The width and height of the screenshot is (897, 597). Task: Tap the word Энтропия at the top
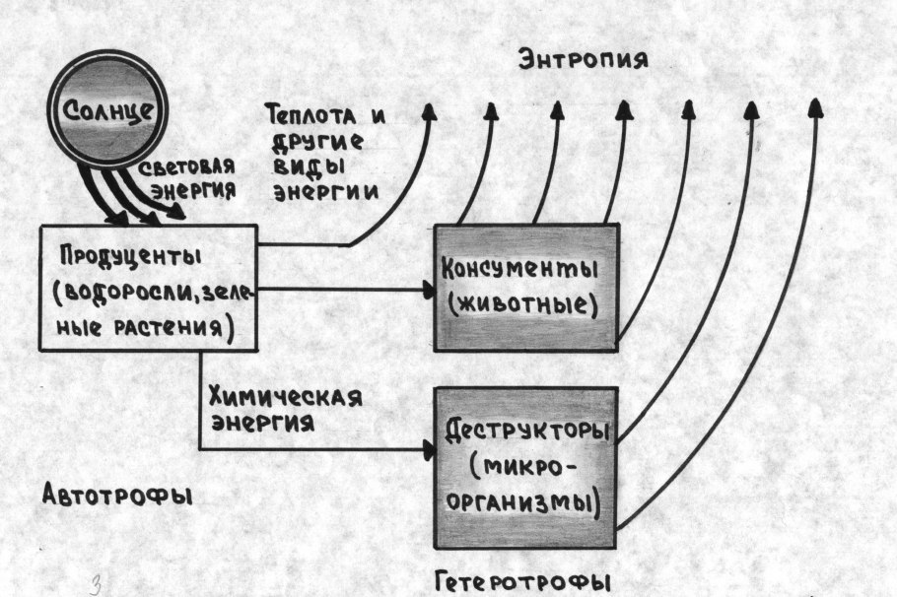click(583, 60)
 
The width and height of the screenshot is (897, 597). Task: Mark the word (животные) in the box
click(522, 303)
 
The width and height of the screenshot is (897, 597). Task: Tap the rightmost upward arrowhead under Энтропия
click(815, 105)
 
